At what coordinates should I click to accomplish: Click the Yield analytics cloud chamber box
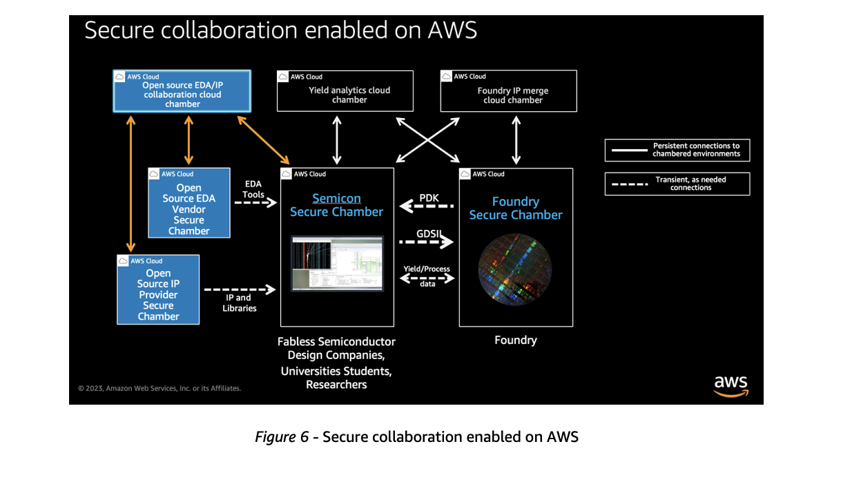pos(345,91)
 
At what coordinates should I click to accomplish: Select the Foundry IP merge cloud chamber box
pos(509,91)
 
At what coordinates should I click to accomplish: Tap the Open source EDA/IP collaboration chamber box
pos(182,91)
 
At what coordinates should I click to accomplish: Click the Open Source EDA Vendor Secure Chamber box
pos(189,203)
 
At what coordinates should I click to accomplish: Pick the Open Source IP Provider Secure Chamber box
pos(158,289)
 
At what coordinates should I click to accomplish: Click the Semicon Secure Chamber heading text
pos(336,205)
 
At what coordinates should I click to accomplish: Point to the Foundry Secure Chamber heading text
pos(516,208)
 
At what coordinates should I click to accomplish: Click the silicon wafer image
pos(515,269)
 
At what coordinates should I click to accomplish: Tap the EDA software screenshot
pos(337,264)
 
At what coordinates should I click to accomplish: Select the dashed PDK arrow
pos(427,206)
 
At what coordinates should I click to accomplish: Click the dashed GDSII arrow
pos(427,242)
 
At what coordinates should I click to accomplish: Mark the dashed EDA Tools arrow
pos(255,203)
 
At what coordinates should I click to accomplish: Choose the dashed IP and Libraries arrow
pos(240,289)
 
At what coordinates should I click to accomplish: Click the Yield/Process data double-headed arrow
pos(427,278)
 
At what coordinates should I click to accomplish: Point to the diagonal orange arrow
pos(264,140)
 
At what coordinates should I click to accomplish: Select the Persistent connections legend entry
pos(677,150)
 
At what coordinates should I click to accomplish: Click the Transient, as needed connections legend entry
pos(677,184)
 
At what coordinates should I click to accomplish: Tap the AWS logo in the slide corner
pos(731,386)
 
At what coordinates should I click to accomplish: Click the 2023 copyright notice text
pos(159,388)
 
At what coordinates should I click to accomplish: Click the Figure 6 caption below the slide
pos(417,437)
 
